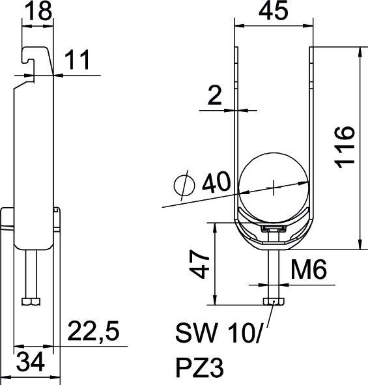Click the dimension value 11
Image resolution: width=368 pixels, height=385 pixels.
coord(78,61)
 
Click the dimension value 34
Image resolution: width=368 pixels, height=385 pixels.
coord(31,362)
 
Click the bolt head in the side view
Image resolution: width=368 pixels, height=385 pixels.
coord(30,302)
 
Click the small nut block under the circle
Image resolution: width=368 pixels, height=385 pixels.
coord(273,229)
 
